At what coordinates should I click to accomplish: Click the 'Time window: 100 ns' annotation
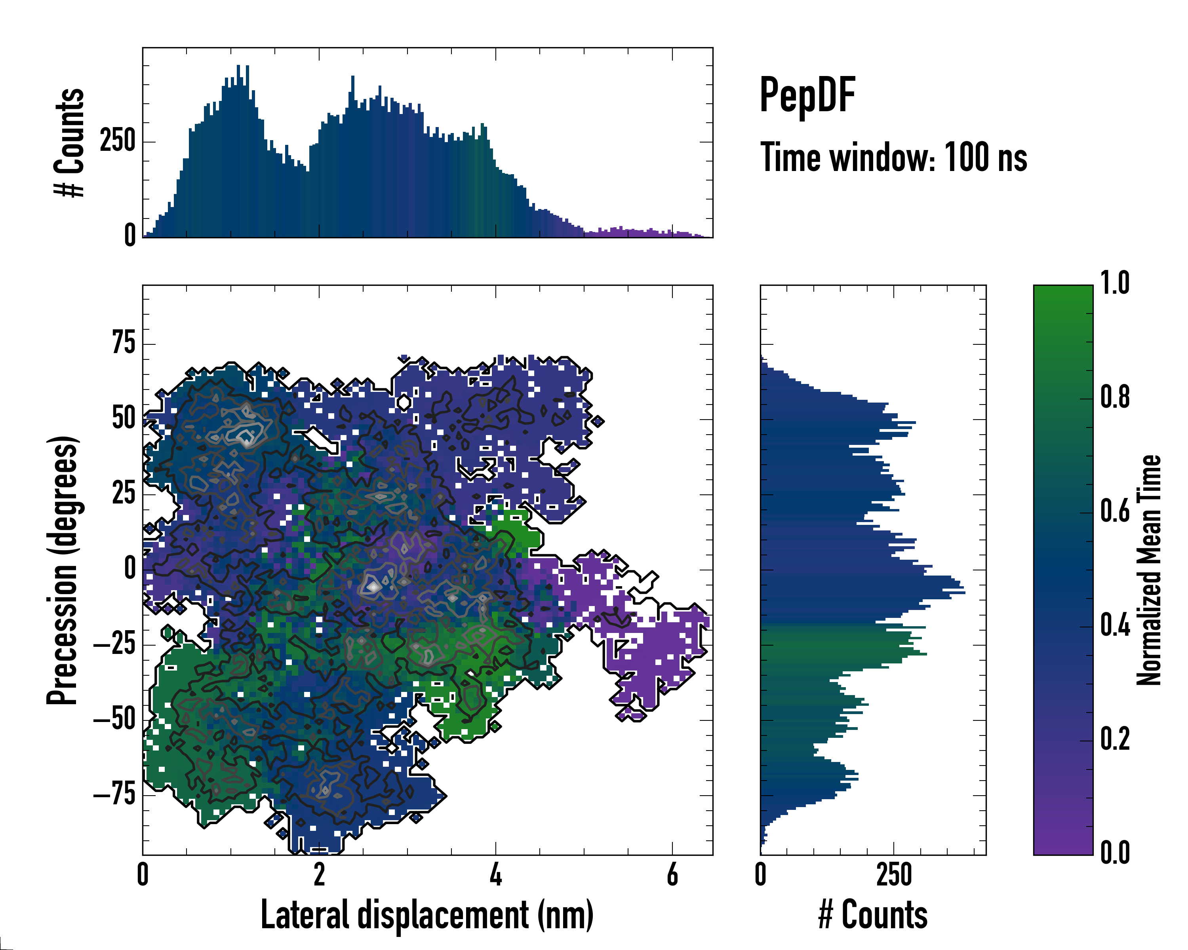coord(893,158)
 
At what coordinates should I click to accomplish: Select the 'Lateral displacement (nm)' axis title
coord(427,915)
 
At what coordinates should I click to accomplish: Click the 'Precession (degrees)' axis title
coord(62,570)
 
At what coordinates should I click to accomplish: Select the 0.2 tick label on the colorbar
coord(1115,739)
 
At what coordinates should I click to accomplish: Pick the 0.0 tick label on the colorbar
coord(1115,853)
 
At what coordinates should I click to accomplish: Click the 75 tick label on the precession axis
coord(124,343)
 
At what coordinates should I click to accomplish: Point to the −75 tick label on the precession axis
coord(114,795)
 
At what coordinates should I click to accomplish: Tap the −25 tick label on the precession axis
coord(114,644)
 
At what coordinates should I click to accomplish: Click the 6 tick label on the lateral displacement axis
coord(672,874)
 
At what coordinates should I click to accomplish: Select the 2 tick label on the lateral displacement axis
coord(319,874)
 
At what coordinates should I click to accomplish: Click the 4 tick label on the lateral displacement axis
coord(495,874)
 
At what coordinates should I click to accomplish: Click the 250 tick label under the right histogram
coord(894,874)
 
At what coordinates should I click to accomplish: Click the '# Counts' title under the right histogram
coord(873,915)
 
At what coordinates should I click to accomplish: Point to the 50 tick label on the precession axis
coord(124,418)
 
